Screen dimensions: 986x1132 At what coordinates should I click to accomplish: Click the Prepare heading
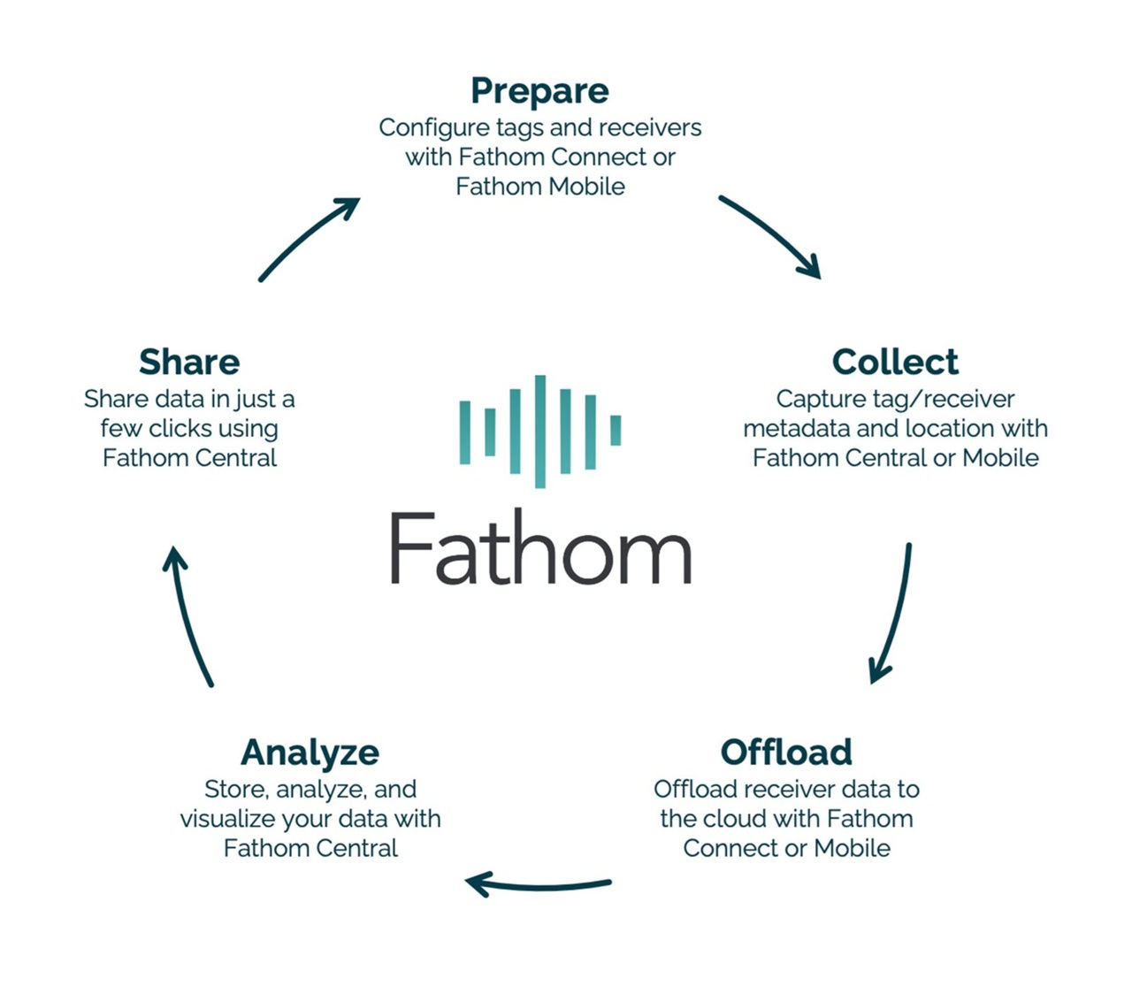[x=539, y=91]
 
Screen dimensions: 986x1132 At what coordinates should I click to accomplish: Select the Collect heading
[x=895, y=362]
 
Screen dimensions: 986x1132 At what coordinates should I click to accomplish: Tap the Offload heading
[x=786, y=753]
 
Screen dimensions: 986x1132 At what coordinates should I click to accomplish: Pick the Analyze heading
[x=310, y=753]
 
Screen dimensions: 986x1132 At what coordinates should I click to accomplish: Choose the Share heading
[x=189, y=362]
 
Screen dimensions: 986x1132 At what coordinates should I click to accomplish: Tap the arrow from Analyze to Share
[x=188, y=615]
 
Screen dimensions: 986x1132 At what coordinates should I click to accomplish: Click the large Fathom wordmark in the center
[x=540, y=548]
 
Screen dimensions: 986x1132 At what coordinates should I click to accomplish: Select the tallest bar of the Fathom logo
[x=539, y=432]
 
